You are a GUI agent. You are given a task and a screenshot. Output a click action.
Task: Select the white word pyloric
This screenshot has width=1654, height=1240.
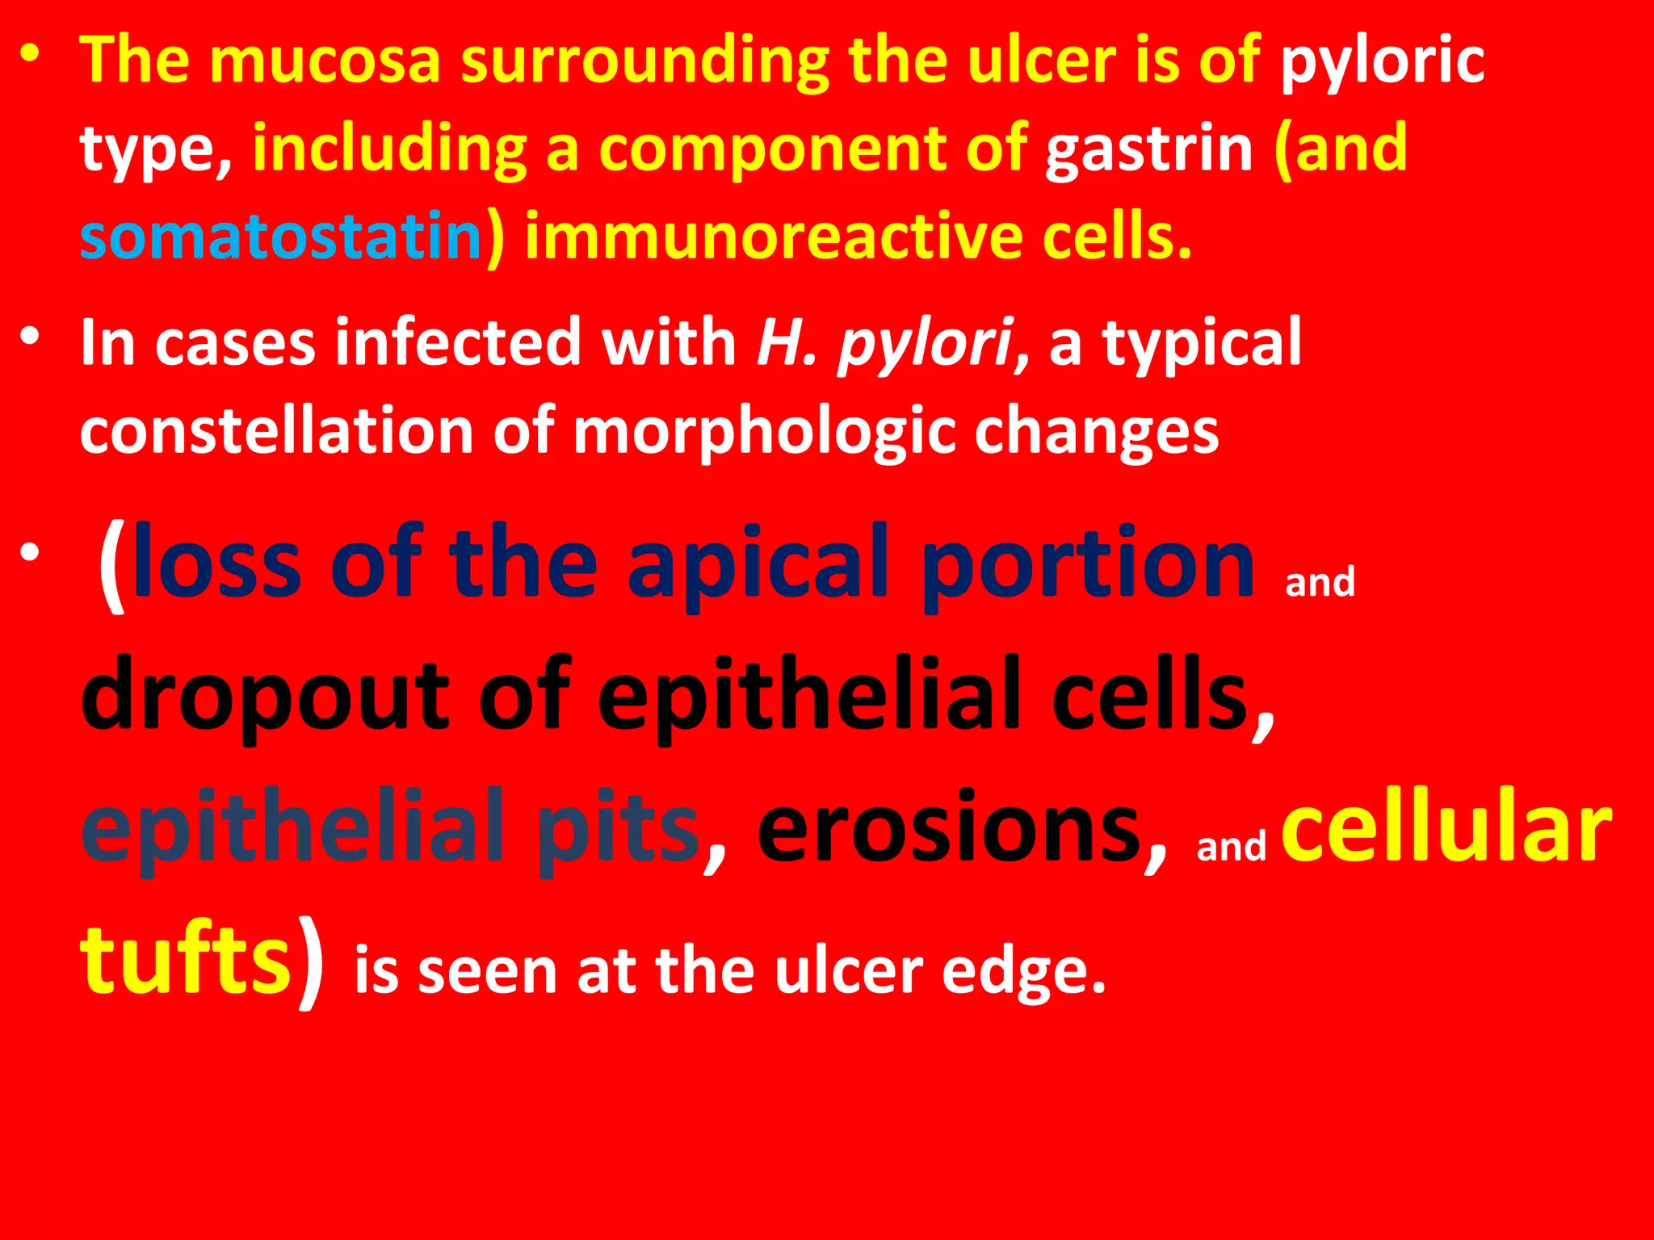pyautogui.click(x=1382, y=61)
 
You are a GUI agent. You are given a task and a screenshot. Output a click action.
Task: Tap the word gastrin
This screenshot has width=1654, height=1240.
pyautogui.click(x=1148, y=150)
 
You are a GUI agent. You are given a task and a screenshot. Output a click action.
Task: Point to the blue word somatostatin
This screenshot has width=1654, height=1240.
pyautogui.click(x=280, y=236)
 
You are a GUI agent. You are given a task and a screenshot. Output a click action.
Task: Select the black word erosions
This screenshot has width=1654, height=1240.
pyautogui.click(x=961, y=828)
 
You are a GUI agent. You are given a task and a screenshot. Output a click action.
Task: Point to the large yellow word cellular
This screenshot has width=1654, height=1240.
pyautogui.click(x=1446, y=828)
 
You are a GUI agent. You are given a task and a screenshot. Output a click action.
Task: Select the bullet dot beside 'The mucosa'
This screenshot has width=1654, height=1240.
pyautogui.click(x=31, y=54)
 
